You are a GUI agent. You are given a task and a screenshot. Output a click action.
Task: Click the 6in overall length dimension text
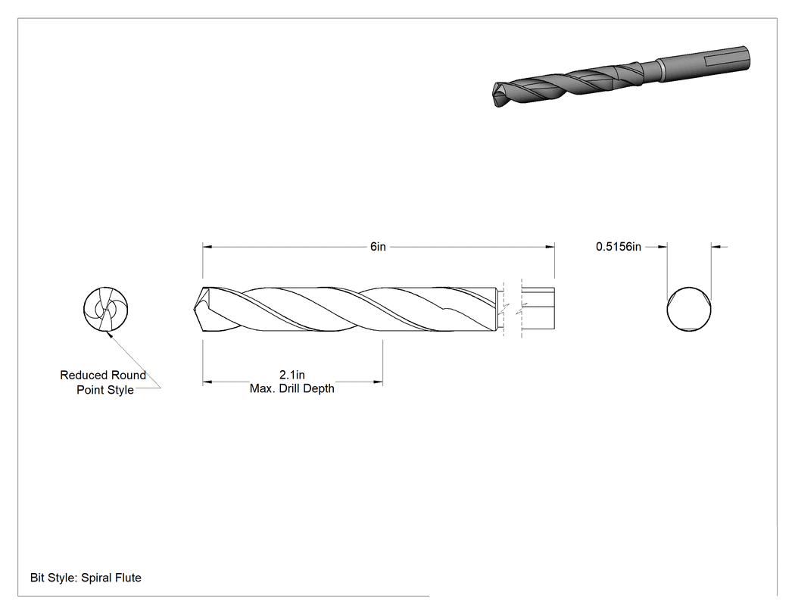point(378,247)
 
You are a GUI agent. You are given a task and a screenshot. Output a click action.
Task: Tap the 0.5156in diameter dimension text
point(618,247)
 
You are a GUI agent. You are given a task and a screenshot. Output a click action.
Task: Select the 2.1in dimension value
point(292,375)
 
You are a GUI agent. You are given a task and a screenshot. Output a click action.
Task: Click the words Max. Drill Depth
point(292,389)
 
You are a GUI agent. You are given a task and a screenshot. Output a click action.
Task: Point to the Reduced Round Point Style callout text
point(104,382)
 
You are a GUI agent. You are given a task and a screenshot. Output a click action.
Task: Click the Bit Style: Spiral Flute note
point(86,578)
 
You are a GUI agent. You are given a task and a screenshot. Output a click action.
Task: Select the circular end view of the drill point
point(106,310)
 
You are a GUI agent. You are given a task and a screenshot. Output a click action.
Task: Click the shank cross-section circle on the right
point(689,310)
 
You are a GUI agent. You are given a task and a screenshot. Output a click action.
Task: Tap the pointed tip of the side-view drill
point(194,310)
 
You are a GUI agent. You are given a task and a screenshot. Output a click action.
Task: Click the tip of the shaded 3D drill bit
point(494,95)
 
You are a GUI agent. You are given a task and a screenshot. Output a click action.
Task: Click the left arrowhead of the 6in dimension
point(207,247)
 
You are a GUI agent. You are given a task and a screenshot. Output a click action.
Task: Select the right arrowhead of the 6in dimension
point(550,247)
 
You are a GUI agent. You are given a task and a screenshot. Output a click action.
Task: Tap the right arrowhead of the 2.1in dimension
point(379,382)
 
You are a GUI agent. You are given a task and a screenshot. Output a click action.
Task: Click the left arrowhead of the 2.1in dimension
point(207,382)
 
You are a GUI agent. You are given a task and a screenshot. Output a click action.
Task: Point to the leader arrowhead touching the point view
point(108,334)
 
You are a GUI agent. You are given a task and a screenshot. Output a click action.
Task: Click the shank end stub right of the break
point(538,310)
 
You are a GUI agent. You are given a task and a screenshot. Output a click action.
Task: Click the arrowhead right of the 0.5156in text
point(716,247)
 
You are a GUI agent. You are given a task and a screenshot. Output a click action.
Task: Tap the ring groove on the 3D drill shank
point(661,70)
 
